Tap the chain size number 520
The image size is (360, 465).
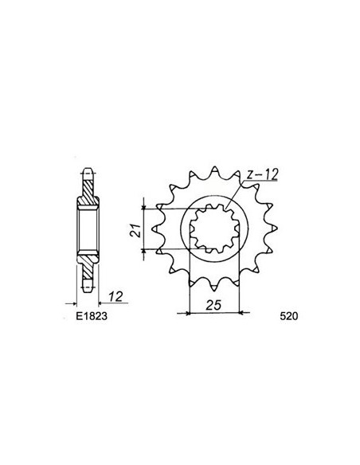pyautogui.click(x=289, y=316)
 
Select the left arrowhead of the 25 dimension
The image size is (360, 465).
pyautogui.click(x=190, y=313)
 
